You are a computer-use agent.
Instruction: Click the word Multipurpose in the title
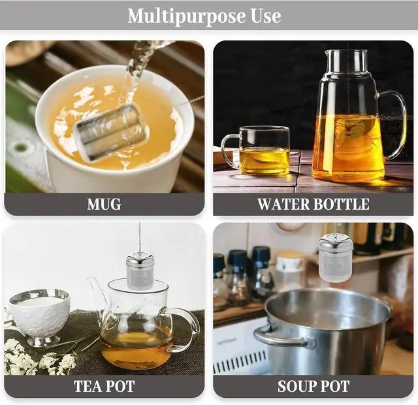coord(186,16)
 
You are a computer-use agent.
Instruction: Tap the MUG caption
coord(104,204)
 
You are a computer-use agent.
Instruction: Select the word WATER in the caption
coord(283,204)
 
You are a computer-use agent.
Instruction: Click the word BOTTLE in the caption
coord(342,204)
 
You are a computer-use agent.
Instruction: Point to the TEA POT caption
coord(104,386)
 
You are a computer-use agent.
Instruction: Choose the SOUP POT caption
coord(313,386)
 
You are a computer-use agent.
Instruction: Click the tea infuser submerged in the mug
coord(111,132)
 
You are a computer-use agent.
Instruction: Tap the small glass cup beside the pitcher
coord(257,151)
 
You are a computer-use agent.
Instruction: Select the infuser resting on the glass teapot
coord(140,272)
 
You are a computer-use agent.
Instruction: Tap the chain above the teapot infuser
coord(139,238)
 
